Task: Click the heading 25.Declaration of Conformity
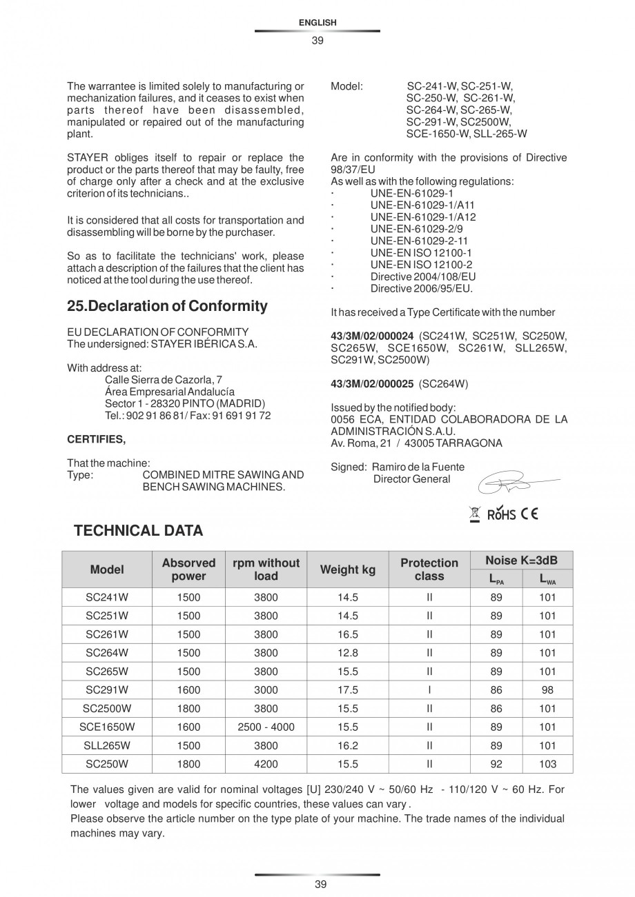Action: point(167,305)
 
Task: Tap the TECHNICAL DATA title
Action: point(138,530)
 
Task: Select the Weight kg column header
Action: point(348,570)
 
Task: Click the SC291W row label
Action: point(107,689)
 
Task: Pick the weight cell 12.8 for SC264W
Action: point(348,652)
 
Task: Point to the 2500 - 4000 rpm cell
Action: point(266,727)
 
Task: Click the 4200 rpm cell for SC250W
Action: point(266,764)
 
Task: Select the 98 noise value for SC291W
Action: point(547,689)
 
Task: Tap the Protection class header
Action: point(429,570)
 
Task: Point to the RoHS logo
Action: point(501,514)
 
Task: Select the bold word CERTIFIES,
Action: point(96,439)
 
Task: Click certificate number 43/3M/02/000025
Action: point(372,383)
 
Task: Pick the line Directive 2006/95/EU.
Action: point(421,288)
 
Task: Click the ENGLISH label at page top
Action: point(317,23)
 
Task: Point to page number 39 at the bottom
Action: point(317,885)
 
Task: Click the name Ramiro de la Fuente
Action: point(418,467)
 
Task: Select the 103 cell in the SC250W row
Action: point(547,764)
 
